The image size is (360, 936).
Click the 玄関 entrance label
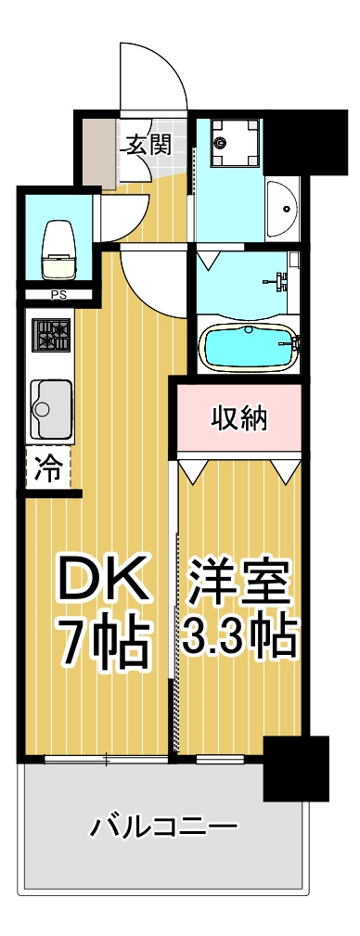[x=148, y=144]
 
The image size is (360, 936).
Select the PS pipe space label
[x=58, y=294]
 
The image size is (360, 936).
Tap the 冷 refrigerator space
[x=48, y=468]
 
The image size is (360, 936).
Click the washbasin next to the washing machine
[x=284, y=209]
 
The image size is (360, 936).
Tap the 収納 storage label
[x=239, y=417]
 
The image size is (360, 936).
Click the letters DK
[x=102, y=579]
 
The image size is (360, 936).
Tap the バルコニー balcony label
[x=164, y=827]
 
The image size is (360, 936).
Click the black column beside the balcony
[x=296, y=768]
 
